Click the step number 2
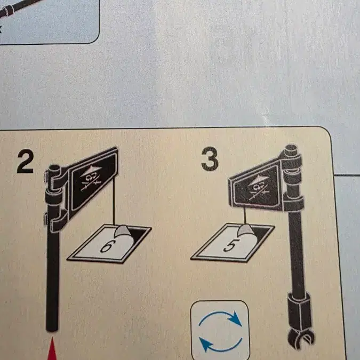(25, 161)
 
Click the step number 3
(210, 159)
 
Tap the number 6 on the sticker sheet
(107, 247)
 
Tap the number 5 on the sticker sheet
(230, 245)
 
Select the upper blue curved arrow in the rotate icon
(220, 317)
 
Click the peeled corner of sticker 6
(123, 231)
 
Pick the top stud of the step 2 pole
(54, 168)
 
